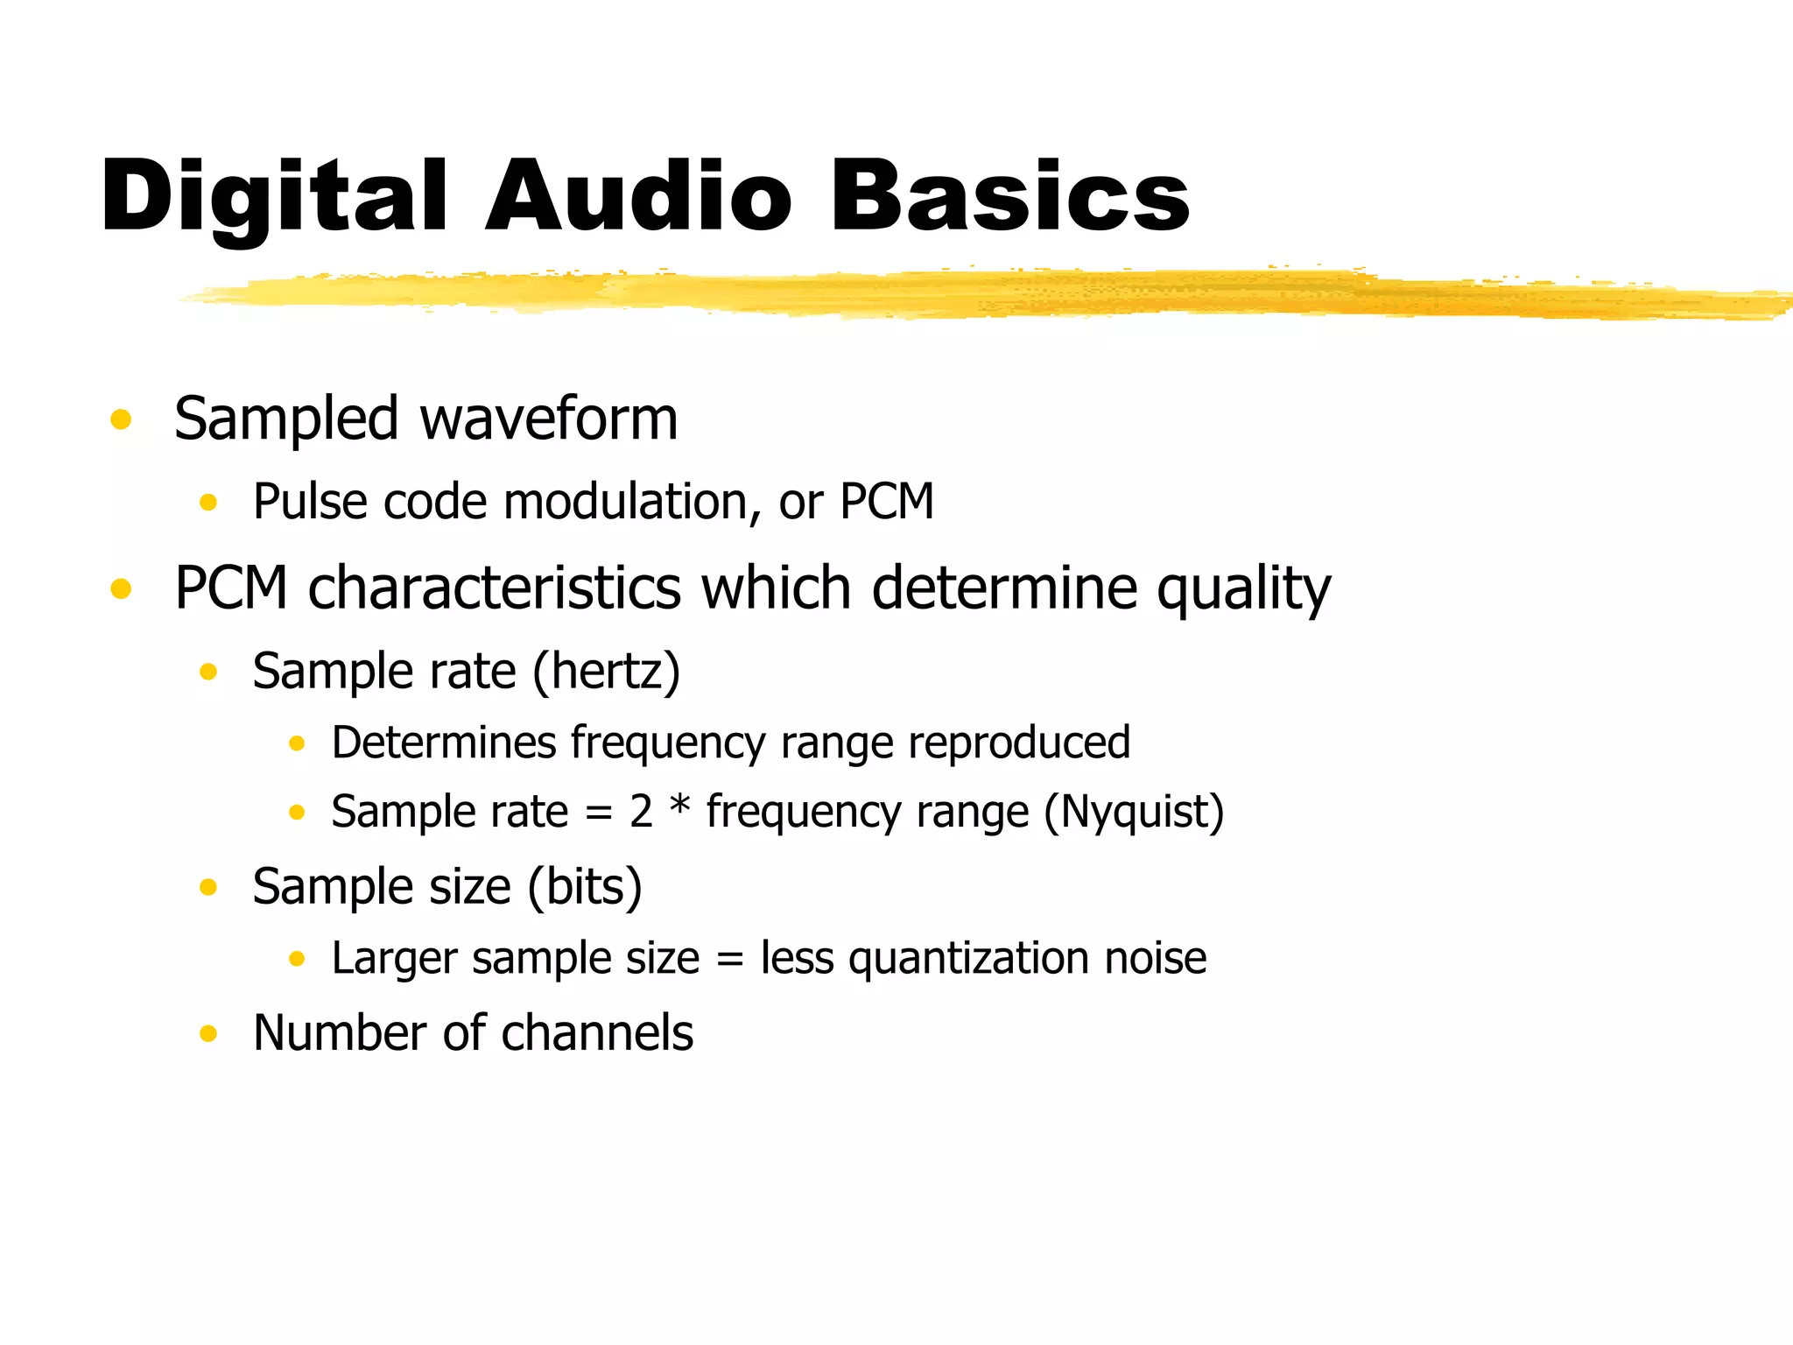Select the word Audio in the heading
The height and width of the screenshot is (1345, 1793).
638,197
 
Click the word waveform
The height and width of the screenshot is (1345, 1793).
549,419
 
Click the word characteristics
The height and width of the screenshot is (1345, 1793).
494,588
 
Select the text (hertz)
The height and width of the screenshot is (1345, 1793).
606,672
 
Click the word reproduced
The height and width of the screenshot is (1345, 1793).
1019,743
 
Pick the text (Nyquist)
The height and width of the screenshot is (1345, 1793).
1134,812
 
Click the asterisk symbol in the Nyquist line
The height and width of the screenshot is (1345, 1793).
679,806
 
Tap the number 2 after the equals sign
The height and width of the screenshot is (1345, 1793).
641,812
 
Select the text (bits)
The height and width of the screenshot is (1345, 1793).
585,887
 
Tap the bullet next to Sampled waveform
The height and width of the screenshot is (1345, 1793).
121,419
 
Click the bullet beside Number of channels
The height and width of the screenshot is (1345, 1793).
207,1034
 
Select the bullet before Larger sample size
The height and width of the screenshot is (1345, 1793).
297,959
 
